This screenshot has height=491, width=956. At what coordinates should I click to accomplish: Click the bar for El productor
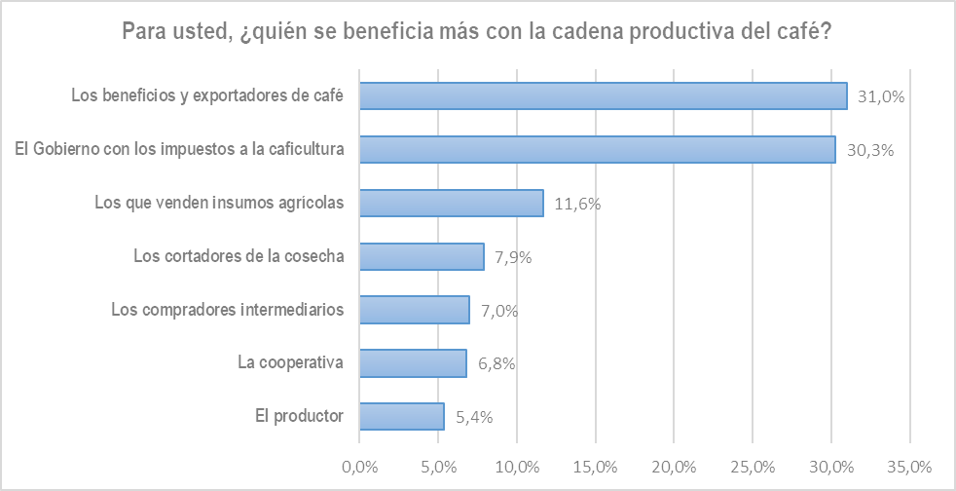(401, 416)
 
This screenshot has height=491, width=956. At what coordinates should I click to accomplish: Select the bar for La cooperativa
(413, 363)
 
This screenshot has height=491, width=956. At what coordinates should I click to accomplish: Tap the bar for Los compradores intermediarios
(415, 310)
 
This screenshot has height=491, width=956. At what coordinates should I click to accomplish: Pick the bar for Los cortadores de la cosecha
(422, 256)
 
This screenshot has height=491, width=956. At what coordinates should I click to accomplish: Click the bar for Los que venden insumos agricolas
(451, 203)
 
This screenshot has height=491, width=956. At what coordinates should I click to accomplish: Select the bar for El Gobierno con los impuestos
(597, 149)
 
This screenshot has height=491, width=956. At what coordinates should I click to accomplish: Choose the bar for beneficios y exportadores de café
(604, 95)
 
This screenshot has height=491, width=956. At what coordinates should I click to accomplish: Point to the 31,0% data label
(882, 96)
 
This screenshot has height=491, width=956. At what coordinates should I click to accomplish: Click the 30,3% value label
(870, 150)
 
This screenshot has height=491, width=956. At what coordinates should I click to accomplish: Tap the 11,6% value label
(577, 204)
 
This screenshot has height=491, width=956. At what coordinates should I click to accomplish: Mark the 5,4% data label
(474, 417)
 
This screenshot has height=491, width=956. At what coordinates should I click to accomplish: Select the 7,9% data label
(514, 257)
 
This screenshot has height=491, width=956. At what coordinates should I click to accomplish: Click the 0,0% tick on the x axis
(359, 465)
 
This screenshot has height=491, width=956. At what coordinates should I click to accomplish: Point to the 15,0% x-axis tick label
(596, 465)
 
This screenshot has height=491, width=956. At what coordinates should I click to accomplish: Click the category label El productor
(299, 416)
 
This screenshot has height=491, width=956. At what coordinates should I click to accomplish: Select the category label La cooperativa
(291, 363)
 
